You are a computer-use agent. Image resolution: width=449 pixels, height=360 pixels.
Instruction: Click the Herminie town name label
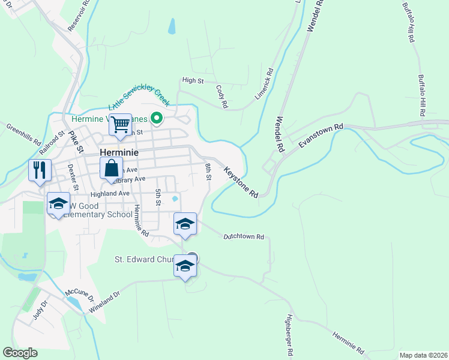coord(119,152)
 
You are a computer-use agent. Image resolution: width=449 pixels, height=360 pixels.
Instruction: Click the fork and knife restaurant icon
coord(40,170)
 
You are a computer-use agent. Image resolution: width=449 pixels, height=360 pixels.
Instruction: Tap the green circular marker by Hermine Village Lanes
coord(157,118)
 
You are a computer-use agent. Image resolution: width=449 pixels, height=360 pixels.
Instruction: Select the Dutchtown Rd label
coord(244,237)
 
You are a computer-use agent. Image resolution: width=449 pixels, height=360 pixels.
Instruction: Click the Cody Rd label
coord(222,96)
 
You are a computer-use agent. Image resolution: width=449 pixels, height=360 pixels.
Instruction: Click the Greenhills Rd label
coord(23,135)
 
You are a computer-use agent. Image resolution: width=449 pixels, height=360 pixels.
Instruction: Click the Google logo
coord(20,353)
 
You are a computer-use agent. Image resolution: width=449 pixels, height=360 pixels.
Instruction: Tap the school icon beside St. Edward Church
coord(185,266)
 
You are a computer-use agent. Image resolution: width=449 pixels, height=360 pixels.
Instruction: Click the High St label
coord(193,80)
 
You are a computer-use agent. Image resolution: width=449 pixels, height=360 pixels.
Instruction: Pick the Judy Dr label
coord(40,311)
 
